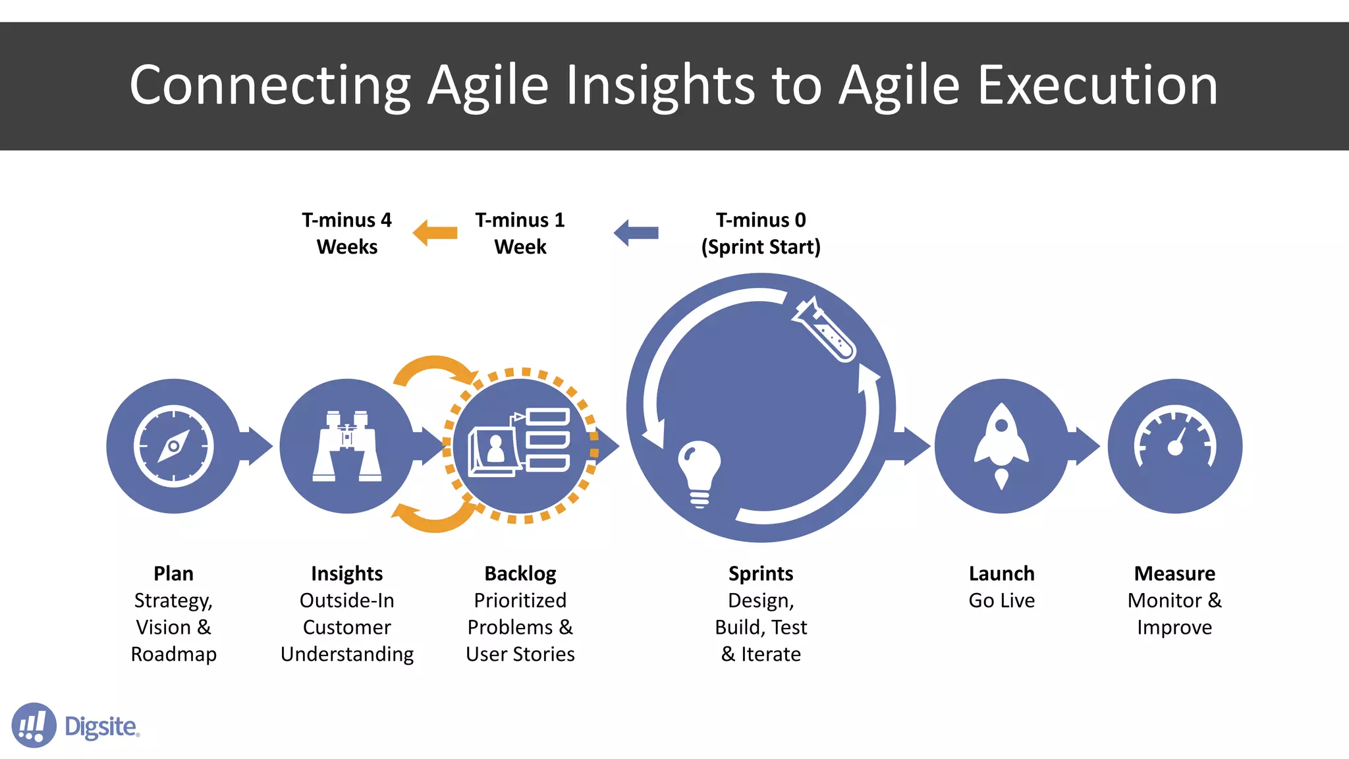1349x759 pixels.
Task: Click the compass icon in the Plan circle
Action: tap(173, 446)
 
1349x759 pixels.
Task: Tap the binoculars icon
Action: tap(347, 446)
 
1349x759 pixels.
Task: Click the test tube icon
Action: tap(825, 329)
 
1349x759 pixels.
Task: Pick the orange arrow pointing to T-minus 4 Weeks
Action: tap(435, 233)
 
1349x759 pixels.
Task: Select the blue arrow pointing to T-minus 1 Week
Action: tap(636, 233)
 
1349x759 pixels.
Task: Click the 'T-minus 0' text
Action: tap(761, 220)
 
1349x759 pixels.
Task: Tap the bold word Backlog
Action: tap(520, 574)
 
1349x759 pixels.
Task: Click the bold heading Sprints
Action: tap(761, 574)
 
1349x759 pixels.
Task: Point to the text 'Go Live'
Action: tap(1001, 601)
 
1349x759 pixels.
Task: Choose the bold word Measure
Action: tap(1174, 574)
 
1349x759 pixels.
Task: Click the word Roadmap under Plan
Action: tap(173, 654)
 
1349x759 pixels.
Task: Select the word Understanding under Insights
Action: tap(347, 654)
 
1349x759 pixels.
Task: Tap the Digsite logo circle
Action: tap(34, 725)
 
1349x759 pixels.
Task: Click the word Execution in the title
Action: tap(1097, 86)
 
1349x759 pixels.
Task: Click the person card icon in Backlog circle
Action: tap(494, 451)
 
